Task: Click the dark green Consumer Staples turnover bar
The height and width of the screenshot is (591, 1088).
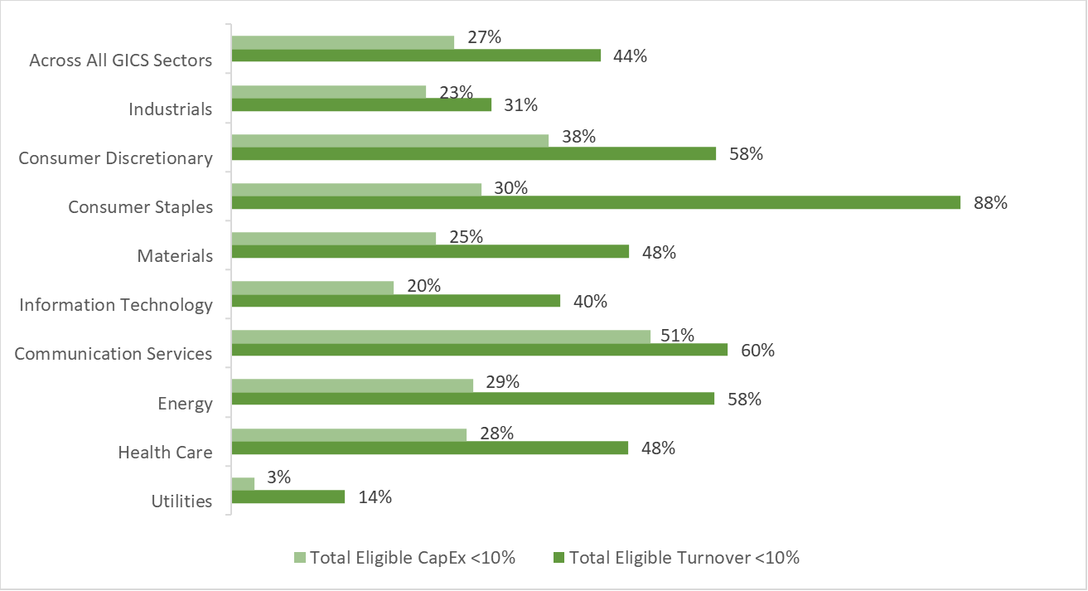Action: click(595, 202)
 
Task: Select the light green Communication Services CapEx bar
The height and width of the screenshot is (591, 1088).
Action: click(440, 337)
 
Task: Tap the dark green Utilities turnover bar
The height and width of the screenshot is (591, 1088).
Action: click(288, 497)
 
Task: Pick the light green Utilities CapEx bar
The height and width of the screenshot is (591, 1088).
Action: click(243, 483)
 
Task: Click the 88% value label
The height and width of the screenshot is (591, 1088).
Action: click(990, 202)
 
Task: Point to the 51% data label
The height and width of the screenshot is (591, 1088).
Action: click(677, 334)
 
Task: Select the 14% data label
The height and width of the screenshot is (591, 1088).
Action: click(375, 497)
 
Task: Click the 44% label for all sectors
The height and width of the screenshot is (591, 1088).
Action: click(630, 56)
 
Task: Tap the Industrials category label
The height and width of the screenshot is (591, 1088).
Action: click(171, 109)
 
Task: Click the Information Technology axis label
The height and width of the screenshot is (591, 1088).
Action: click(116, 305)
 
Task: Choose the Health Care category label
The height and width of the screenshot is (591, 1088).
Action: click(165, 453)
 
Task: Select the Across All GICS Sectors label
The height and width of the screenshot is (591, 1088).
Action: click(121, 61)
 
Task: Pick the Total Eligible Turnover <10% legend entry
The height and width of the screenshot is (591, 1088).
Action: click(675, 558)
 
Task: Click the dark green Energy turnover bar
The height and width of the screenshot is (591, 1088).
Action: click(472, 399)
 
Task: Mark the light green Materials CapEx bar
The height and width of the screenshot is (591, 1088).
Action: click(333, 239)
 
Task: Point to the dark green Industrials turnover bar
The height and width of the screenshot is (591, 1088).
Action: click(361, 104)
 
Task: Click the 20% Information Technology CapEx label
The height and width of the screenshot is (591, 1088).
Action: click(423, 285)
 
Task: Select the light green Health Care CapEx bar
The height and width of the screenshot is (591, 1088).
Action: click(349, 435)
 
